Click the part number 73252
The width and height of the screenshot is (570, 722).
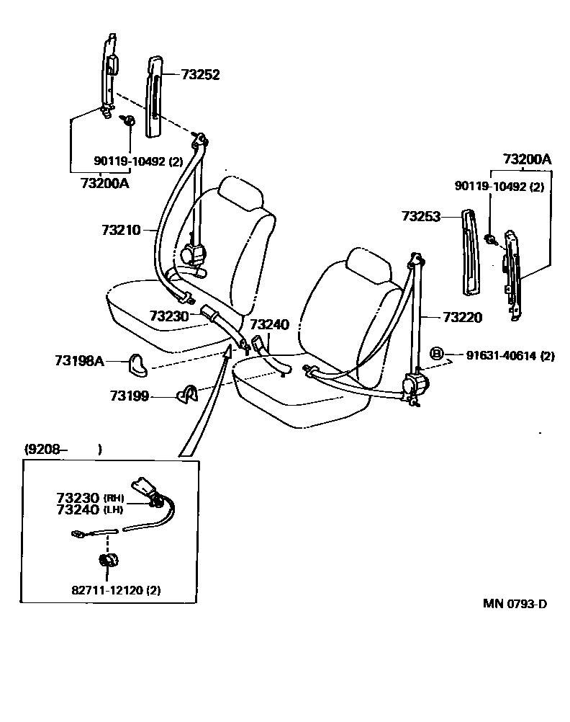click(x=200, y=75)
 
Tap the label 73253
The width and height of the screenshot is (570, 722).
click(x=421, y=215)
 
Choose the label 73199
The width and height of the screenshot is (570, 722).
click(x=130, y=396)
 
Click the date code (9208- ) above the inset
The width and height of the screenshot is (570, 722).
click(x=63, y=449)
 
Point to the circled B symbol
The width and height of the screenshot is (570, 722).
click(x=437, y=353)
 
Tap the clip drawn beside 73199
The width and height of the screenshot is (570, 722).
click(x=189, y=394)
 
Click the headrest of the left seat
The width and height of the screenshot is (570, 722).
click(x=241, y=192)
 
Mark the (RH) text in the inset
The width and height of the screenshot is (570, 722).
click(x=114, y=498)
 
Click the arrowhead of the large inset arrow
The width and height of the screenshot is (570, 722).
click(x=227, y=352)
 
